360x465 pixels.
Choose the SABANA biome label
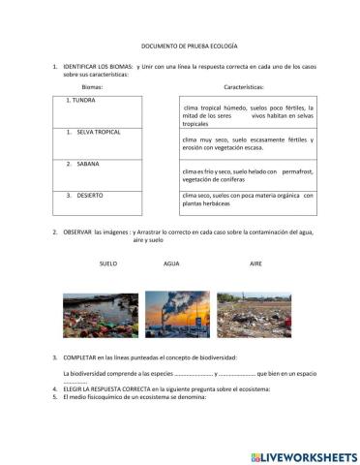pos(88,164)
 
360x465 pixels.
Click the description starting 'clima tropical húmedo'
pos(249,117)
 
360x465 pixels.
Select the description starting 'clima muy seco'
pos(249,146)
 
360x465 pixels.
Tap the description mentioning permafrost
pos(249,174)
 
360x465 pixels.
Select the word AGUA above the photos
pos(172,263)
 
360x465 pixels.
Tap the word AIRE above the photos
pos(255,263)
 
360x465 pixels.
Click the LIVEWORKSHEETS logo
pos(303,456)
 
